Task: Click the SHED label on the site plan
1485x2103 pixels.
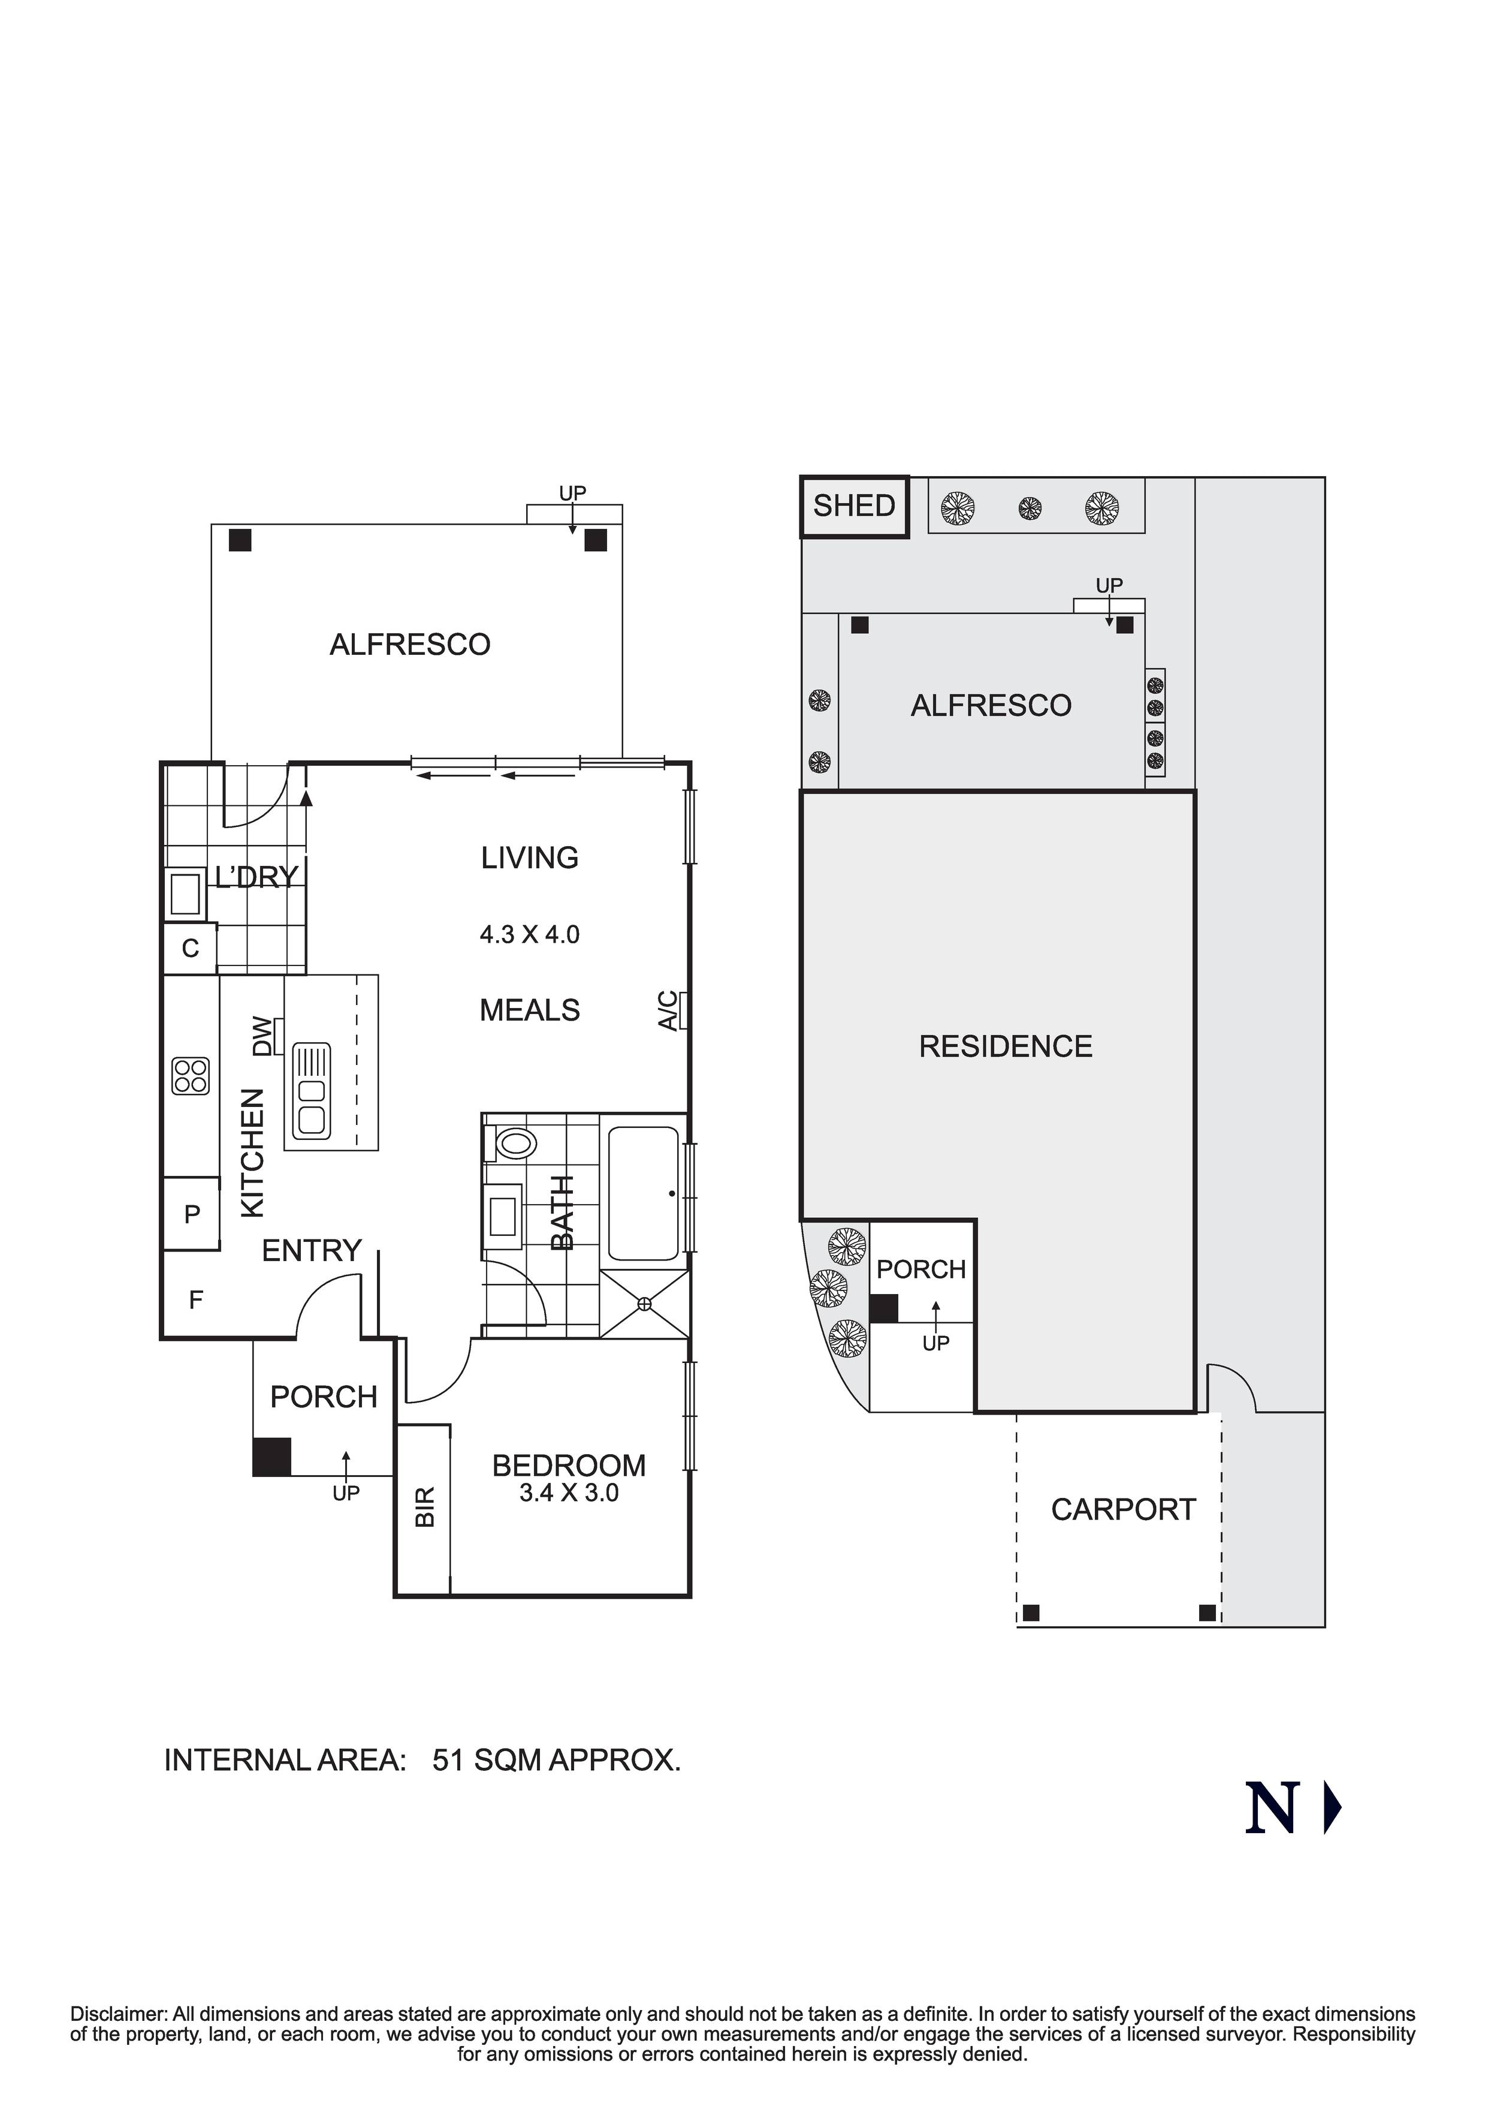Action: click(853, 506)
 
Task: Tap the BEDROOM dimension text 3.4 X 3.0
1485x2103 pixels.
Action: click(569, 1493)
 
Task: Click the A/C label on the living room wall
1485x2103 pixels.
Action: click(670, 1010)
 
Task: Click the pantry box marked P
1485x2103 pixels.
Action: click(191, 1214)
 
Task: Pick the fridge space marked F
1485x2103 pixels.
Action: click(195, 1299)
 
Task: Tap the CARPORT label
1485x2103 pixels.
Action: click(1122, 1509)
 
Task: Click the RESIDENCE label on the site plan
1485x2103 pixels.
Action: click(1005, 1046)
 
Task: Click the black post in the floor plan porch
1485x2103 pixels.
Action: click(272, 1457)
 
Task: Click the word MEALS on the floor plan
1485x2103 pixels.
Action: click(529, 1010)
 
